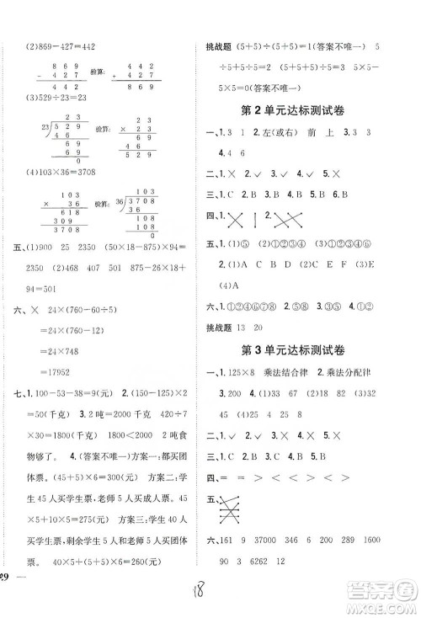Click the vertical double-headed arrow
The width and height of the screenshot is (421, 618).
[x=258, y=243]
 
